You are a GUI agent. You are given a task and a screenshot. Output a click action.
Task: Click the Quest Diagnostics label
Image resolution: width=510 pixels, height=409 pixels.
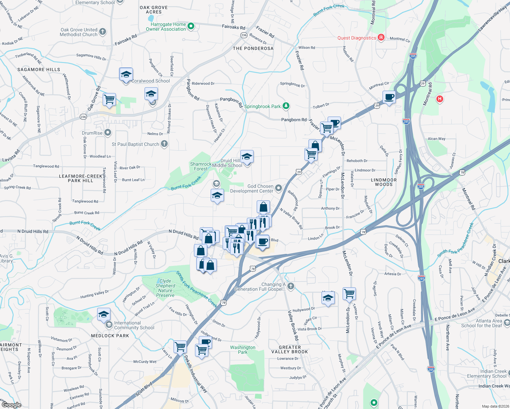point(357,38)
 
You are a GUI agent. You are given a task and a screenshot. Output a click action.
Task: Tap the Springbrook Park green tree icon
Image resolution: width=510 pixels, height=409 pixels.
point(286,106)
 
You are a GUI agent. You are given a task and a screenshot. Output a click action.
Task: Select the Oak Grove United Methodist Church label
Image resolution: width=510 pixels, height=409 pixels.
point(79,32)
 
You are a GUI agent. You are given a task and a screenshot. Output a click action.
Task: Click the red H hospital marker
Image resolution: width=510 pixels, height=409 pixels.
point(440,99)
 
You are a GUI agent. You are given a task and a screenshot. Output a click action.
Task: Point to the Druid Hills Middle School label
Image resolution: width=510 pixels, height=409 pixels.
point(227,163)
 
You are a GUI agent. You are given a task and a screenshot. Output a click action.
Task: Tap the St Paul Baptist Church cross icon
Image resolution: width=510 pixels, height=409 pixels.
point(164,144)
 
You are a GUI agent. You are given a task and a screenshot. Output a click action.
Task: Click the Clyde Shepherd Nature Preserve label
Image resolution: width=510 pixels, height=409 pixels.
point(165,288)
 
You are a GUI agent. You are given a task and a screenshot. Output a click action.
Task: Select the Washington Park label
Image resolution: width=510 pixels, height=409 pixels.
point(243,350)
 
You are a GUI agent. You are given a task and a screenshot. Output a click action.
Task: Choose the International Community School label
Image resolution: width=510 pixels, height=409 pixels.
point(134,325)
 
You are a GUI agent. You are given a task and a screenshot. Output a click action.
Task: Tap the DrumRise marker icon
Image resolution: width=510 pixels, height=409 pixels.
point(108,133)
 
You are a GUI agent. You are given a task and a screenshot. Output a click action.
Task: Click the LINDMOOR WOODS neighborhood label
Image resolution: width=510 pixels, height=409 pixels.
point(384,182)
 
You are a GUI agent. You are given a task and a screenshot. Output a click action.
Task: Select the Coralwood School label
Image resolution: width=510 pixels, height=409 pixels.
point(151,81)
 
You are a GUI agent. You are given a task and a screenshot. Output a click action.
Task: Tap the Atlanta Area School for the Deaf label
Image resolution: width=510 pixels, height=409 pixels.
point(481,323)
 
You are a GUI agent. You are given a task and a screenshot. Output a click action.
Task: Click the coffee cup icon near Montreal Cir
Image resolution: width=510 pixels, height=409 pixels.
point(389,97)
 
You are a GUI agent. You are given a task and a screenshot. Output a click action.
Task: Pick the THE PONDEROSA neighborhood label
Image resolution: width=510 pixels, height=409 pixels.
point(253,48)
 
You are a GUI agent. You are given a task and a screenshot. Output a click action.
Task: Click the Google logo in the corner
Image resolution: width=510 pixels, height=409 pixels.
point(11,405)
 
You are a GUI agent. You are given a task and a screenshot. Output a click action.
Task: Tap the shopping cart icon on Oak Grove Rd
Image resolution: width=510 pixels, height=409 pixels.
point(109,100)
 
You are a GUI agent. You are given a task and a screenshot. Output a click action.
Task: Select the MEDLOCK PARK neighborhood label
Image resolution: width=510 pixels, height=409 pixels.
point(110,336)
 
